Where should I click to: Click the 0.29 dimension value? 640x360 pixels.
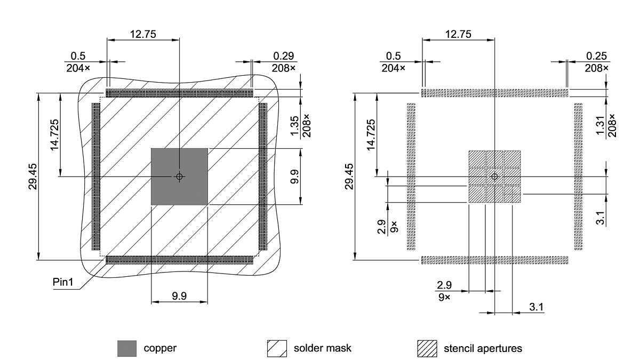click(283, 56)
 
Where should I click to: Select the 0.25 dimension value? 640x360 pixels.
click(597, 56)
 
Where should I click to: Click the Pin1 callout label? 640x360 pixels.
click(63, 282)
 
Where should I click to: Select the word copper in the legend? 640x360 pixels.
click(160, 348)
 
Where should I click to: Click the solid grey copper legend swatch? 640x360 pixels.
click(127, 348)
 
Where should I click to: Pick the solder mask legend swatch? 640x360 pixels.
click(277, 348)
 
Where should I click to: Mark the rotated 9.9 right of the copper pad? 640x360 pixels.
click(293, 177)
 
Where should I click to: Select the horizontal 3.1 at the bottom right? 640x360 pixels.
click(536, 307)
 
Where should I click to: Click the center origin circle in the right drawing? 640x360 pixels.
click(495, 177)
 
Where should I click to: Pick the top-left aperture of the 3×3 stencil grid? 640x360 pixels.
click(477, 159)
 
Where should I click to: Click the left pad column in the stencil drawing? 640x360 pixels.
click(411, 177)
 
